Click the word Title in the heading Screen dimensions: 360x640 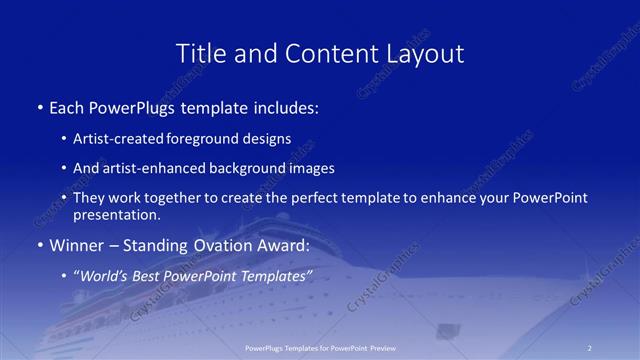click(x=199, y=54)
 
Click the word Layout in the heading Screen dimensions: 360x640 click(x=423, y=54)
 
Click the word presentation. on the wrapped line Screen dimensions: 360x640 click(x=117, y=215)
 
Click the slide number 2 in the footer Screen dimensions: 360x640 click(x=589, y=348)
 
